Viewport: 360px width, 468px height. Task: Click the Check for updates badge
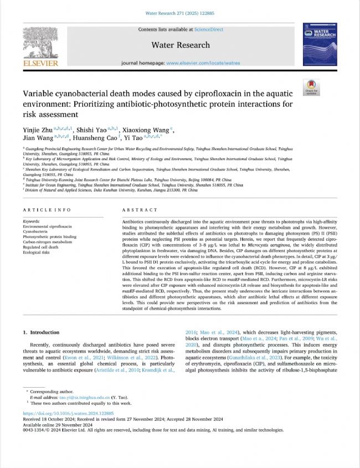(x=311, y=88)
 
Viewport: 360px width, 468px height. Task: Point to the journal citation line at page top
(x=181, y=11)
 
